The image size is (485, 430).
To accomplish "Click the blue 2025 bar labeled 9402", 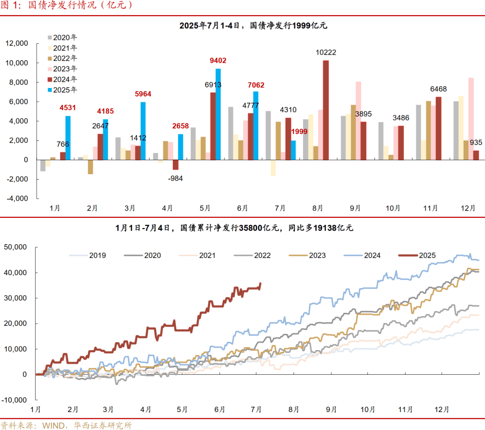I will click(218, 114).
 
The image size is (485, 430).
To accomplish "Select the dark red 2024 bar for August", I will click(326, 110).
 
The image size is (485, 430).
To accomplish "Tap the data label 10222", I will click(326, 53).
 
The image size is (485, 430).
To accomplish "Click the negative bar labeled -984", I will click(176, 164).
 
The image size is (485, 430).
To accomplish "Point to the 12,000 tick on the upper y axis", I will click(17, 44).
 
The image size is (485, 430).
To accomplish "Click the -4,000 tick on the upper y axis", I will click(17, 198).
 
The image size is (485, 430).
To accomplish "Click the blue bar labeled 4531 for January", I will click(68, 138).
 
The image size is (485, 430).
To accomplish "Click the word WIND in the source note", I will click(54, 425).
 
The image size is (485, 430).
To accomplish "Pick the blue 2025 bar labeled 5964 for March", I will click(143, 131).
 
